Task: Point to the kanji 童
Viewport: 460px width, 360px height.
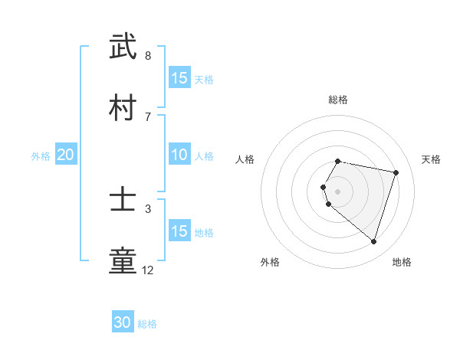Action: coord(123,260)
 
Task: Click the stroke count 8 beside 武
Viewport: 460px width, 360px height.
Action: coord(148,56)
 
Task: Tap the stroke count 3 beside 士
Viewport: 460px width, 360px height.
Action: coord(148,208)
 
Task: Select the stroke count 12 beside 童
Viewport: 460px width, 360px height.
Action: coord(148,270)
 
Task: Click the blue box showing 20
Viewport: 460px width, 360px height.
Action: coord(66,155)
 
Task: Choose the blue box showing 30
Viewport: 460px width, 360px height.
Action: coord(123,323)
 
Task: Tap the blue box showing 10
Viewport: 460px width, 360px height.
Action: coord(179,155)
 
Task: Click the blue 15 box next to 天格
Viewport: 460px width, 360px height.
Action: coord(179,78)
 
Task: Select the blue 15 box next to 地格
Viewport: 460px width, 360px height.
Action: coord(179,231)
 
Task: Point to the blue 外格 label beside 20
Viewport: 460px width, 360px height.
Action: coord(41,156)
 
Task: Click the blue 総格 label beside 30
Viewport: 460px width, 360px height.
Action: coord(147,324)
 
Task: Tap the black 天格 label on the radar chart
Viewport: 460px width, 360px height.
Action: coord(431,159)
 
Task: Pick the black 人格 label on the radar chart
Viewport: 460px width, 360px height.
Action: coord(245,159)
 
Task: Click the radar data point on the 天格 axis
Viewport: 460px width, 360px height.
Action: coord(396,172)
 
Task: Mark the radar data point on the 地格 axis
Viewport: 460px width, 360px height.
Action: coord(373,242)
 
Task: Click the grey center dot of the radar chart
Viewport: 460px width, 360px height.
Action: coord(338,191)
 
